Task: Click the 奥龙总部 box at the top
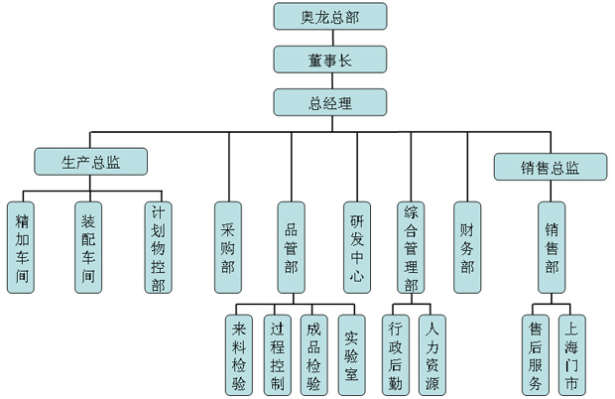point(329,17)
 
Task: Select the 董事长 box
point(329,60)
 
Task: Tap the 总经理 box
point(329,101)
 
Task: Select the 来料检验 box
point(240,354)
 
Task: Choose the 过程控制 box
point(278,354)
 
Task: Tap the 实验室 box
point(351,354)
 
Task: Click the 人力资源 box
point(431,354)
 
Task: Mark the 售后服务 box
point(536,354)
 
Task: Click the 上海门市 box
point(572,354)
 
